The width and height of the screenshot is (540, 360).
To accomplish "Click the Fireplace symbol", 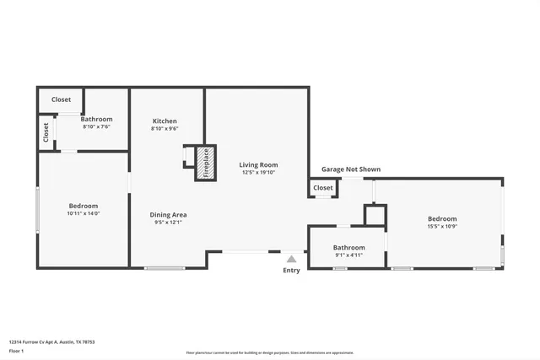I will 202,162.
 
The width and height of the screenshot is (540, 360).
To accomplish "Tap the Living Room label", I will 258,164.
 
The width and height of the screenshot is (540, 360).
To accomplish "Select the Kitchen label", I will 165,121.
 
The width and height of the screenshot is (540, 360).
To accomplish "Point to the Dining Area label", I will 169,214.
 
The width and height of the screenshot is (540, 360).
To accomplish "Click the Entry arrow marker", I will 291,259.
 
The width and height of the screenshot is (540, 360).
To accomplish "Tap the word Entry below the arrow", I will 291,271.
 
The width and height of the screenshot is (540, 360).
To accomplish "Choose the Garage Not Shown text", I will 350,169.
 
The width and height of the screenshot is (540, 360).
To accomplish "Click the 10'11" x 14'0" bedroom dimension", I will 83,214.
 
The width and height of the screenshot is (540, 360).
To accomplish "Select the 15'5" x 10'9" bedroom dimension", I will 442,227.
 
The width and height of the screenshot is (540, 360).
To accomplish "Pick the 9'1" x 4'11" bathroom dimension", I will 348,255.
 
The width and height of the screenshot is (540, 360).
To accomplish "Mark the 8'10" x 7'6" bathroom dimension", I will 96,127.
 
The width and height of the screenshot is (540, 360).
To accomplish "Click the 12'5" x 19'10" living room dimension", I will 258,173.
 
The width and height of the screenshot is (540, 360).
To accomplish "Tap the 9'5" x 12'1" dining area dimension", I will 169,223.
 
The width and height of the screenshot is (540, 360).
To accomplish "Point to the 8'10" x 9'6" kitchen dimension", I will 165,129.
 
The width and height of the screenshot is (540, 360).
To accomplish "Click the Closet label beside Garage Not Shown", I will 323,188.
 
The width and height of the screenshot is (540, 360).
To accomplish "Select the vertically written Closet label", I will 46,132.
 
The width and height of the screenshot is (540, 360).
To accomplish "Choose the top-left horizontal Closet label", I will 61,99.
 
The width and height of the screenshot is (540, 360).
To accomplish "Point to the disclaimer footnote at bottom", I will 269,352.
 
